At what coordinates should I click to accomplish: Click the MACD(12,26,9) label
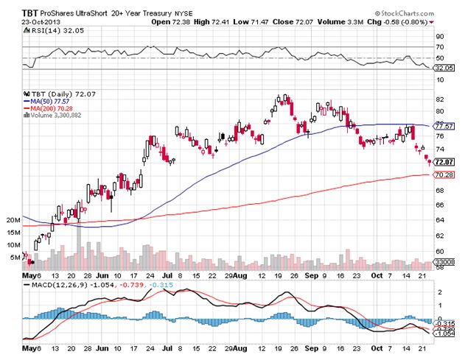[x=52, y=280]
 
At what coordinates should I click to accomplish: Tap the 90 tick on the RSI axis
[x=439, y=35]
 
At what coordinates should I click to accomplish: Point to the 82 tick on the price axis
[x=439, y=99]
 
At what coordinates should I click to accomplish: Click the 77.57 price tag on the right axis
[x=444, y=126]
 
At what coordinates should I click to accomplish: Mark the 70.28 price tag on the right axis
[x=444, y=174]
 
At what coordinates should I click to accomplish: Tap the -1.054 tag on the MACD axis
[x=444, y=333]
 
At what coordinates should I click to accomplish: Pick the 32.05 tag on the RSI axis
[x=444, y=68]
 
